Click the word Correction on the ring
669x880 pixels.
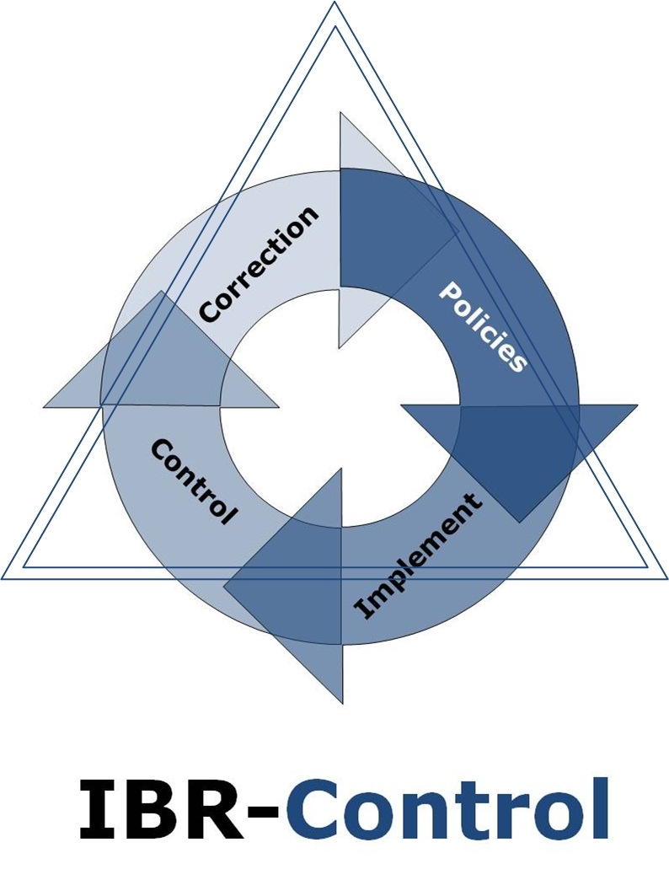click(x=259, y=263)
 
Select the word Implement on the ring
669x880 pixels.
click(x=419, y=555)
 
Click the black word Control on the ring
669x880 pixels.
click(x=193, y=481)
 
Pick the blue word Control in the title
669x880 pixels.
click(x=447, y=809)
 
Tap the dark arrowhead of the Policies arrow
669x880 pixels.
click(x=522, y=447)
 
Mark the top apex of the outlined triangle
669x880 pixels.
click(x=334, y=4)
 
